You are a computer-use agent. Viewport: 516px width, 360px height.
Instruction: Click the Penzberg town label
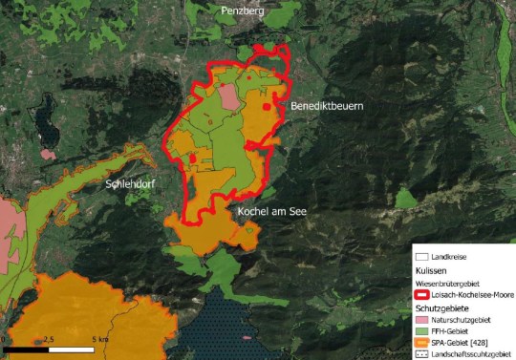coord(242,11)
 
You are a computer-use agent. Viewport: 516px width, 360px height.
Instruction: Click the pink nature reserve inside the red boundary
coord(228,96)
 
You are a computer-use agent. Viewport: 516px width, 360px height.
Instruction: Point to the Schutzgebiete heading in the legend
coord(441,309)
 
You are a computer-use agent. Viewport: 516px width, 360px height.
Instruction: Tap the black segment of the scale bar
coord(28,349)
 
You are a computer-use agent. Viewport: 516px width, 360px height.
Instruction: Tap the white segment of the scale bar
coord(75,349)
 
